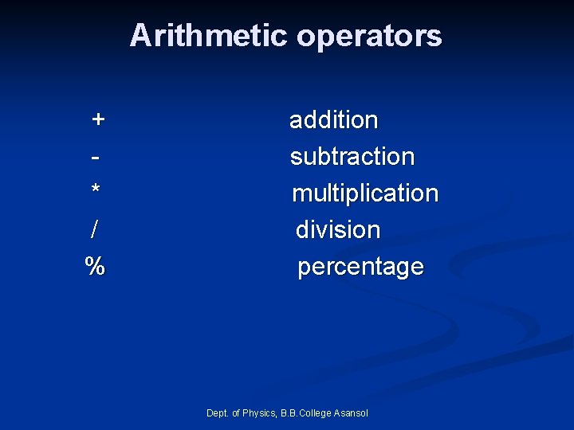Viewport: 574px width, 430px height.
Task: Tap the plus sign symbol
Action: [97, 119]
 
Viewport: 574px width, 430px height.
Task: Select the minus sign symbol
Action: [96, 155]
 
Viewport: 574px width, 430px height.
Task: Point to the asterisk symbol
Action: [96, 191]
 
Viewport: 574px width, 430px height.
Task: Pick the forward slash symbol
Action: [95, 229]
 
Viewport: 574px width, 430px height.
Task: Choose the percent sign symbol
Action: [95, 266]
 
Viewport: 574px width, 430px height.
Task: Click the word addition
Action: [333, 120]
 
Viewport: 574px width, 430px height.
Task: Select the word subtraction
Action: [352, 157]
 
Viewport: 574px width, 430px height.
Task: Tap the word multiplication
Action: [365, 193]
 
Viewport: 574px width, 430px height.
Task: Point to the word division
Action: [338, 230]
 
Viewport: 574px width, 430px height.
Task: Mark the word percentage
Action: [360, 268]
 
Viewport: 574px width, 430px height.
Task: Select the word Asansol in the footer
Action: [352, 412]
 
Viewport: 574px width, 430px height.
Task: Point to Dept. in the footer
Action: [217, 412]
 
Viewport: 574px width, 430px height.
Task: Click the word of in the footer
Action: [236, 412]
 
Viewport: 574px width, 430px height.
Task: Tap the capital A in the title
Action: [139, 36]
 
